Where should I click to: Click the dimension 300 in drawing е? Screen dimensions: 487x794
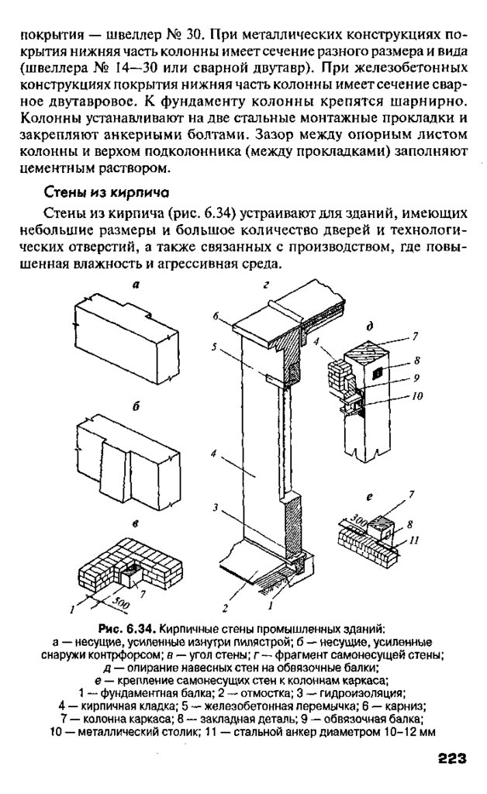[358, 515]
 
